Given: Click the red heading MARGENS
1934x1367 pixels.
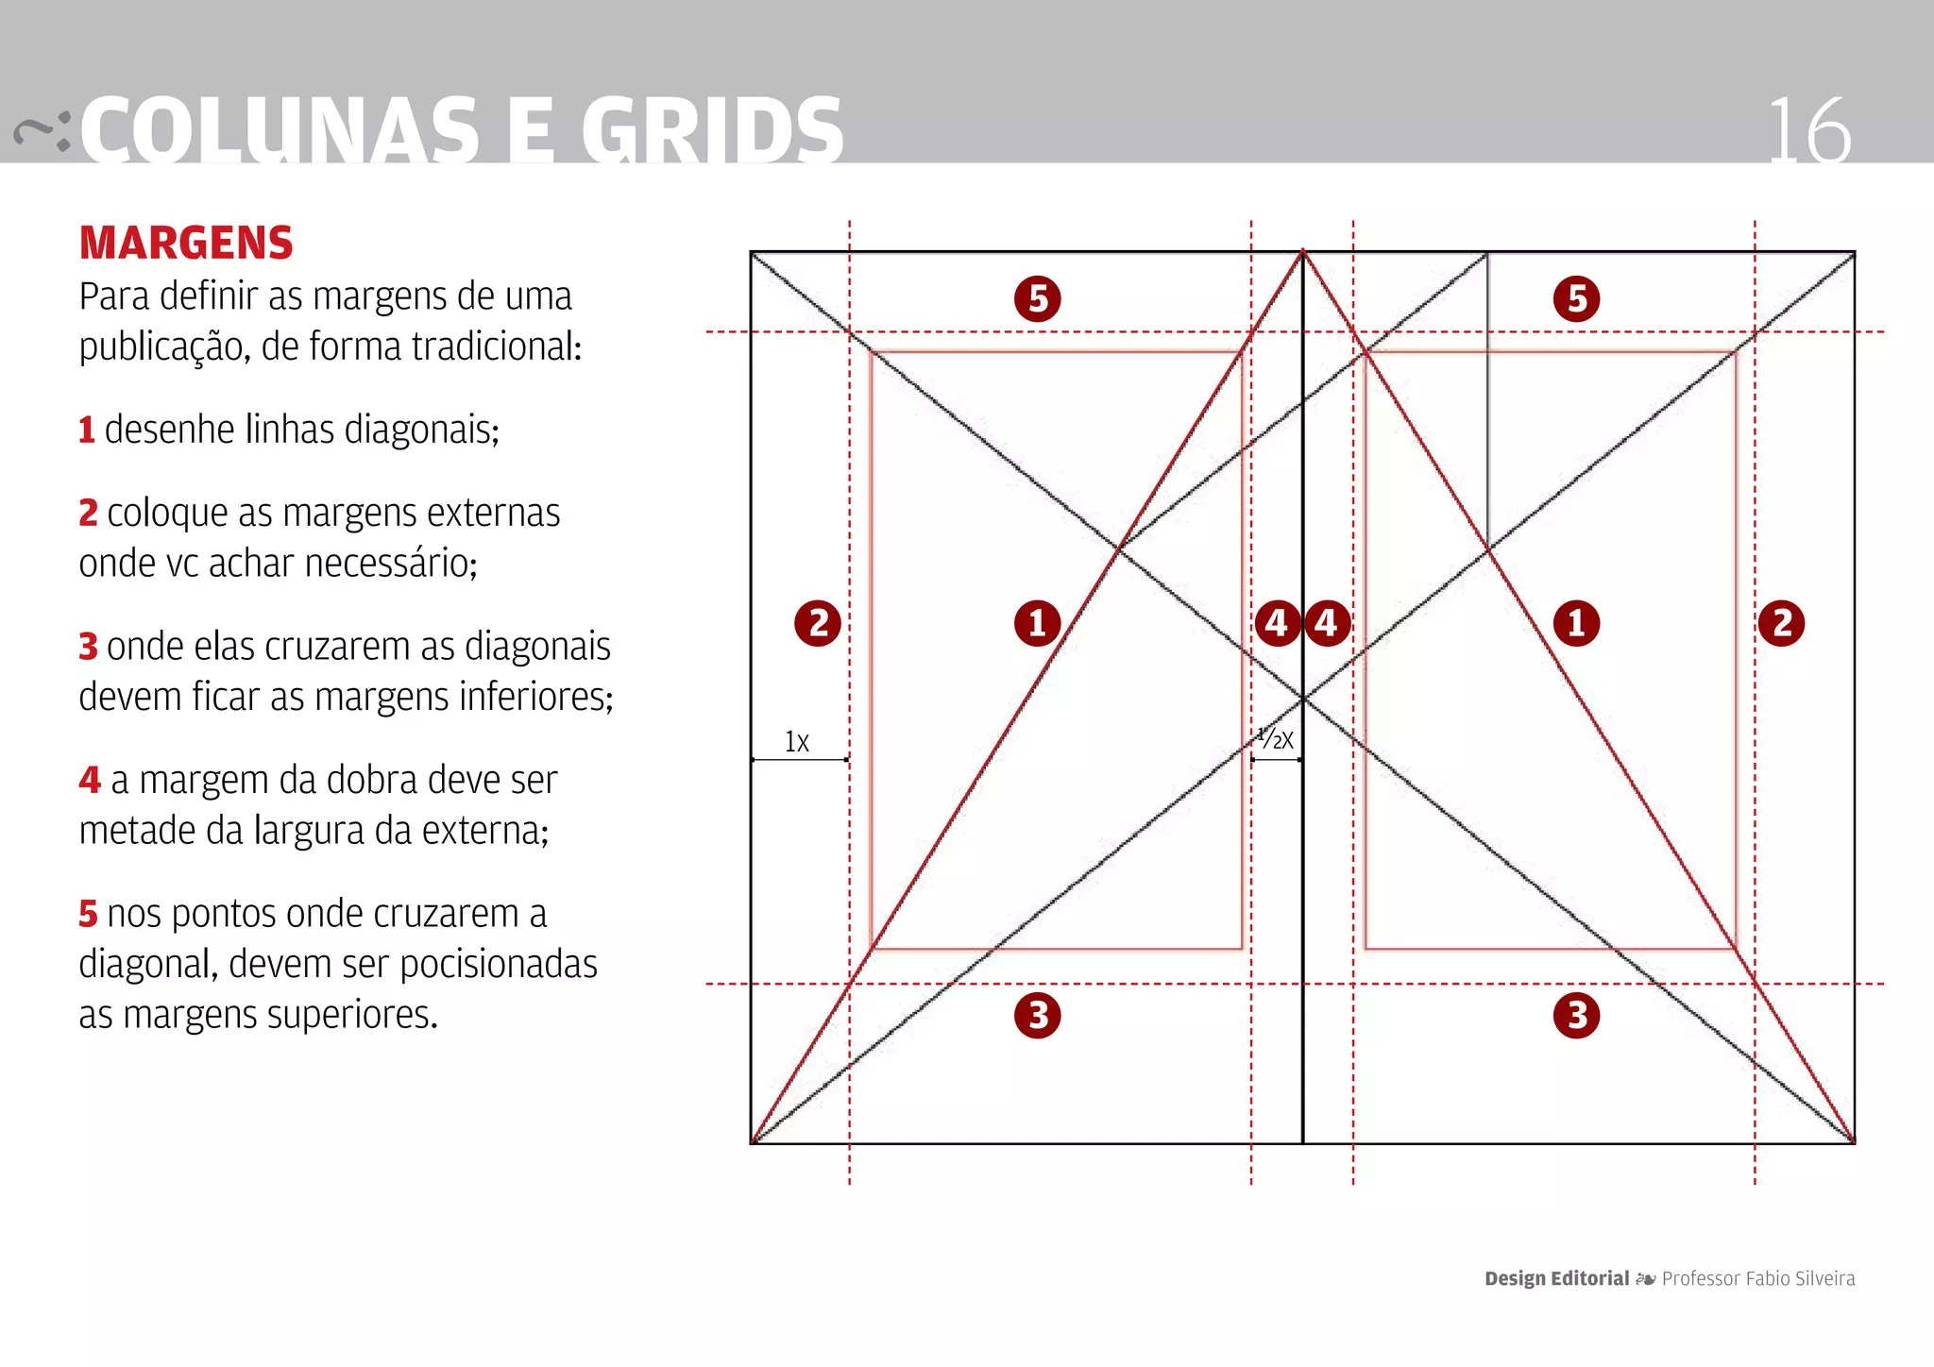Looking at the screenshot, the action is pyautogui.click(x=186, y=243).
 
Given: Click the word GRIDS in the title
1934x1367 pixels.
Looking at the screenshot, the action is pyautogui.click(x=712, y=132).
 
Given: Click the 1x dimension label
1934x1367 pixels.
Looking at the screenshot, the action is pyautogui.click(x=797, y=742).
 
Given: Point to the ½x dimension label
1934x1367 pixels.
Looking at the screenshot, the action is pyautogui.click(x=1276, y=738).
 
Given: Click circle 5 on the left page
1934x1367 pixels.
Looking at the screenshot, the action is pyautogui.click(x=1038, y=298).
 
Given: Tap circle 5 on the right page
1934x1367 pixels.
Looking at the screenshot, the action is pyautogui.click(x=1577, y=298).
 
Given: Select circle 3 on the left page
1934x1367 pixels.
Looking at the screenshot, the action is pyautogui.click(x=1038, y=1016).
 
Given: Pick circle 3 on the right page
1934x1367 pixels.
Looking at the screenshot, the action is pyautogui.click(x=1577, y=1016).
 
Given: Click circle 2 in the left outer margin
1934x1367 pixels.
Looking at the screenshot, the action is pyautogui.click(x=818, y=623).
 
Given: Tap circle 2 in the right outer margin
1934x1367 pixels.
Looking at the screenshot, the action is pyautogui.click(x=1782, y=623).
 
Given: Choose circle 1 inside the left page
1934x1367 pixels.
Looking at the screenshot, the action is pyautogui.click(x=1038, y=623).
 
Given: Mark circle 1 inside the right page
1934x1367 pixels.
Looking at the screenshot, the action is pyautogui.click(x=1577, y=623).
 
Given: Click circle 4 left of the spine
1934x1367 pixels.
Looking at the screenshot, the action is pyautogui.click(x=1277, y=623).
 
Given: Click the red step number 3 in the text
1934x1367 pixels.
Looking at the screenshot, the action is pyautogui.click(x=88, y=648).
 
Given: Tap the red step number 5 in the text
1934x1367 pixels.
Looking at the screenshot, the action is pyautogui.click(x=88, y=915).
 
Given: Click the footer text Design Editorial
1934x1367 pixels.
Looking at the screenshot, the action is pyautogui.click(x=1556, y=1278).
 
